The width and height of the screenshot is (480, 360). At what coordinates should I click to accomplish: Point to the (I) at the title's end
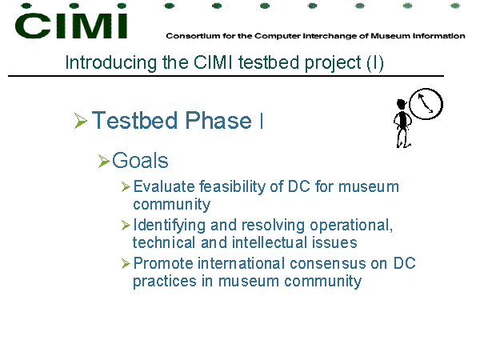pos(374,63)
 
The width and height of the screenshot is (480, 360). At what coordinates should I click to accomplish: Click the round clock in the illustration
pos(426,104)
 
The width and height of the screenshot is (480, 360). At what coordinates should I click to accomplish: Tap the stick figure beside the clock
pos(402,123)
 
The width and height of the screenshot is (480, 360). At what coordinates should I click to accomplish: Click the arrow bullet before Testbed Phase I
pos(81,121)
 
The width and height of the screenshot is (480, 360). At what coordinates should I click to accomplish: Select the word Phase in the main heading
pos(218,120)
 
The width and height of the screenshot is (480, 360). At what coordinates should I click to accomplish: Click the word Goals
pos(140,161)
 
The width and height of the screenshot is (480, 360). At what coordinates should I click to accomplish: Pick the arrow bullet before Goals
pos(104,161)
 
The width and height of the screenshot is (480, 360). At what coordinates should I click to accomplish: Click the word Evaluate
pos(164,186)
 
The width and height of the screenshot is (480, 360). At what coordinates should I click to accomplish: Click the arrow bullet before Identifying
pos(126,226)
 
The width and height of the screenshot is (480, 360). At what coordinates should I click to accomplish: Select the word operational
pos(351,226)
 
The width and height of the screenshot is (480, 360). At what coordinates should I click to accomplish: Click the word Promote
pos(163,263)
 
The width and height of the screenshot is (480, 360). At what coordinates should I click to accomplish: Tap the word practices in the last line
pos(164,282)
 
